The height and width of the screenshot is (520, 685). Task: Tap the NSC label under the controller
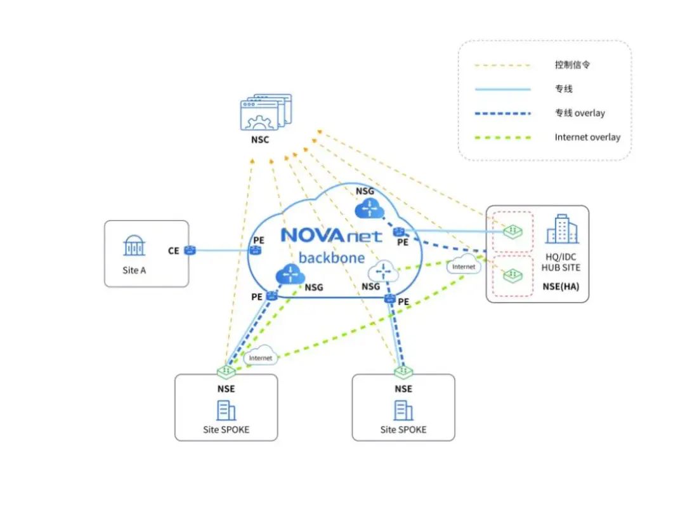[x=260, y=140]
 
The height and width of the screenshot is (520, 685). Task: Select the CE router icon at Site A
[x=190, y=251]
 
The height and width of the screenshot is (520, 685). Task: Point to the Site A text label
[x=134, y=270]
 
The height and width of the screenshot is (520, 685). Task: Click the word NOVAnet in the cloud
[x=331, y=236]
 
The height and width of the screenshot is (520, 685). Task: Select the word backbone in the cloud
[x=331, y=258]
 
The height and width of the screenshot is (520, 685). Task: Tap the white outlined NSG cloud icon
[x=383, y=272]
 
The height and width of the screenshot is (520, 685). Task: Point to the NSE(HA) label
[x=561, y=287]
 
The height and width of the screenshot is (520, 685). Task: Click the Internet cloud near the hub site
[x=464, y=267]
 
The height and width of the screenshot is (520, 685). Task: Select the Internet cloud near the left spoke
[x=260, y=357]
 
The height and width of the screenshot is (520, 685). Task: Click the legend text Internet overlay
[x=587, y=137]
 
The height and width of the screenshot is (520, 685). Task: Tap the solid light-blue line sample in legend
[x=502, y=89]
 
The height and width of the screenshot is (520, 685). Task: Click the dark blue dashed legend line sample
[x=502, y=113]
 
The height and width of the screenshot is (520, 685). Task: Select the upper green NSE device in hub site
[x=512, y=232]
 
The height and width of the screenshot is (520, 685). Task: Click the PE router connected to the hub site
[x=399, y=232]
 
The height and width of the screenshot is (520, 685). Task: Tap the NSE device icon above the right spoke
[x=403, y=370]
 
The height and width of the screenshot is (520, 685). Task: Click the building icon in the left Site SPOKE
[x=226, y=411]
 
